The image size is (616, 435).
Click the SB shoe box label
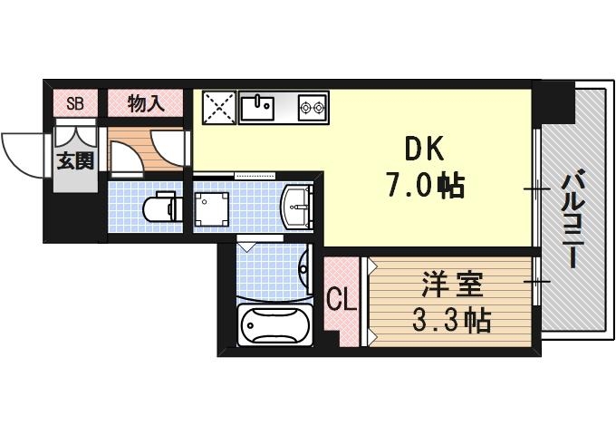tap(75, 103)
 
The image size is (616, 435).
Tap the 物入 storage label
tap(146, 103)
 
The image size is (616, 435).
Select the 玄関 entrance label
tap(76, 162)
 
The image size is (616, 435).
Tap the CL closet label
tap(341, 298)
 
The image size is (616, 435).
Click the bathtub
tap(274, 324)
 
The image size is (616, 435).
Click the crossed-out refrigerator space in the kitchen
tap(218, 108)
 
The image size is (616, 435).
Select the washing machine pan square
tap(214, 208)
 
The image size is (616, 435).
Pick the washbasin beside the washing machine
tap(297, 207)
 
